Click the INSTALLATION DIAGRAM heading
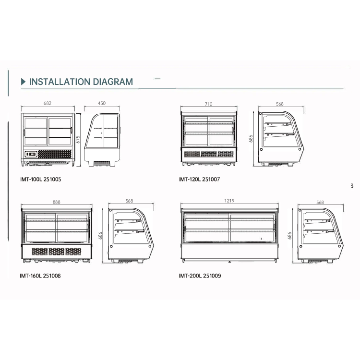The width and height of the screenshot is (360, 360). (x=81, y=82)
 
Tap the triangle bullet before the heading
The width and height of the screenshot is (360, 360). (x=23, y=82)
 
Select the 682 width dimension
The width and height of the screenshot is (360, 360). (x=47, y=103)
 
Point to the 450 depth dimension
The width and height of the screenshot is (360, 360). (x=102, y=103)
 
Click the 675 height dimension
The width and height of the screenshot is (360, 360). (x=78, y=139)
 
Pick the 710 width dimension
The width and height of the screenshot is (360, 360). (x=208, y=104)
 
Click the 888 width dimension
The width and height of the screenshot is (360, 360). (x=56, y=202)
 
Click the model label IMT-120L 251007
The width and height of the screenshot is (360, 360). (x=199, y=180)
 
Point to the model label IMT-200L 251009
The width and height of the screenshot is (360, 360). (x=200, y=276)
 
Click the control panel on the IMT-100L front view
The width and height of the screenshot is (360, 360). (x=31, y=155)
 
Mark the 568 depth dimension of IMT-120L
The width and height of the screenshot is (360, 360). (x=280, y=104)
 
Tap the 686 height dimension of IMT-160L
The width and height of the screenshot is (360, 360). (x=101, y=235)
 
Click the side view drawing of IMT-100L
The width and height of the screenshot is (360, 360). (x=102, y=139)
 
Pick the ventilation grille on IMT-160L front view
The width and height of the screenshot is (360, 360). (x=56, y=251)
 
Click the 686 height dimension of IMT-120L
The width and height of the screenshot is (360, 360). (x=251, y=138)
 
